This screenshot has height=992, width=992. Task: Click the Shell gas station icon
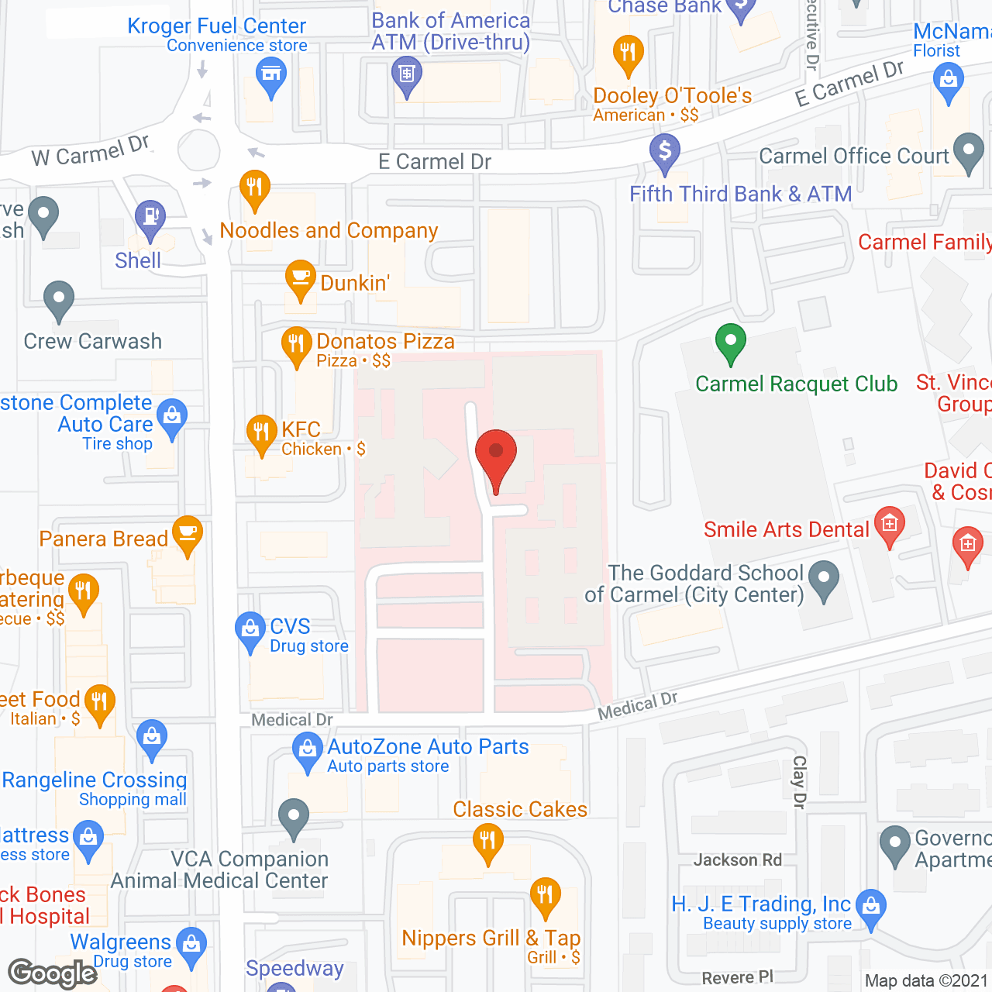[150, 216]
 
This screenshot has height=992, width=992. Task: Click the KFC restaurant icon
[261, 432]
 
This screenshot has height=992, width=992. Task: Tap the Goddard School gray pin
[824, 578]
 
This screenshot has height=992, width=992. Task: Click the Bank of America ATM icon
[407, 75]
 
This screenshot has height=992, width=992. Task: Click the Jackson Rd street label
[737, 859]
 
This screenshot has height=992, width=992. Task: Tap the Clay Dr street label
[799, 783]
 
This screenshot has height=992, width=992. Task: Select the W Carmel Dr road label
[90, 151]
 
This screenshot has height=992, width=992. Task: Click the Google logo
[52, 973]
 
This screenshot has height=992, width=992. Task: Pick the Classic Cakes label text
[520, 809]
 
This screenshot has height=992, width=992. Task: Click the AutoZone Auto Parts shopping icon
[308, 749]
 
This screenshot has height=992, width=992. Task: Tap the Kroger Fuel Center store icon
[271, 75]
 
